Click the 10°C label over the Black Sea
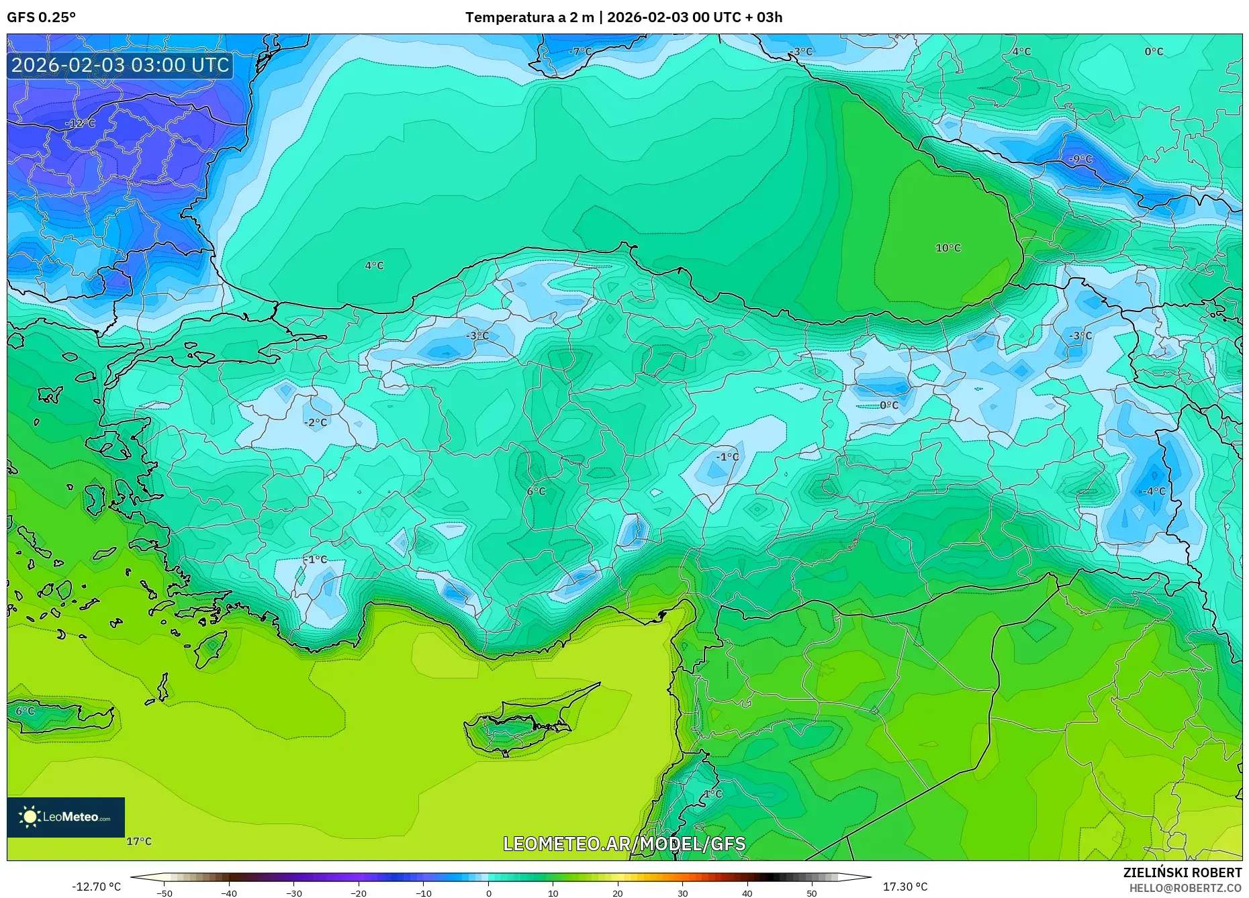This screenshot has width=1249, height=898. click(x=947, y=248)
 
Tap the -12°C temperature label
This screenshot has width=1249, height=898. click(x=80, y=124)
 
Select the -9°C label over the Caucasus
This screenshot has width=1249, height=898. click(x=1080, y=159)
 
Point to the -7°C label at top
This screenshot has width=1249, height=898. click(x=580, y=52)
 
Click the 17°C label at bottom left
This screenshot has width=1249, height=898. click(x=139, y=842)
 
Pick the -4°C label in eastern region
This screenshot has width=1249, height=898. click(x=1154, y=491)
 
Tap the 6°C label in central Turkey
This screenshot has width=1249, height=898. click(x=536, y=491)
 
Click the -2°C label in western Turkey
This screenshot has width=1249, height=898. click(x=316, y=423)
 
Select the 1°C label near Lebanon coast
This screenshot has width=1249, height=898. click(x=712, y=794)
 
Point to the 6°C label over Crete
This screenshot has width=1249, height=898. click(x=25, y=711)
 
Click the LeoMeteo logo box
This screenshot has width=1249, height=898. click(x=66, y=817)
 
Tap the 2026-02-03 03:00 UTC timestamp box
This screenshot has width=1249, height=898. click(x=120, y=65)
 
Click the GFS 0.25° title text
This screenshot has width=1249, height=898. click(x=41, y=17)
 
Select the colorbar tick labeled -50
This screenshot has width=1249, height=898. click(x=165, y=893)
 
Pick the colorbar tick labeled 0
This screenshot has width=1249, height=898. click(x=488, y=893)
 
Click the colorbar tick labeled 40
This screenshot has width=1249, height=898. click(x=747, y=893)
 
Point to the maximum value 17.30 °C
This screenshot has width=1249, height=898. click(x=905, y=887)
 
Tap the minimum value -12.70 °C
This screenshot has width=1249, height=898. click(x=97, y=887)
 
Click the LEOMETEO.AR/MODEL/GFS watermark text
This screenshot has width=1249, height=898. click(x=624, y=844)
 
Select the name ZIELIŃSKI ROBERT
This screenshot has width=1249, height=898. click(x=1182, y=872)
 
